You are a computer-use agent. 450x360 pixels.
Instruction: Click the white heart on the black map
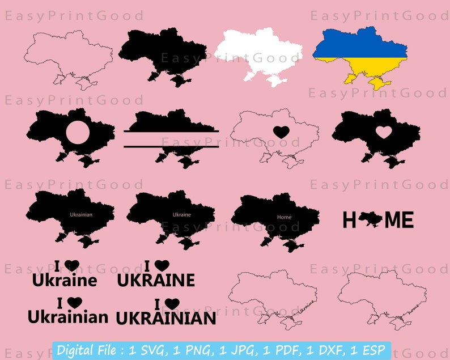click(x=384, y=132)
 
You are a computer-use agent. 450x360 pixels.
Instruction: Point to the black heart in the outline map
click(x=280, y=132)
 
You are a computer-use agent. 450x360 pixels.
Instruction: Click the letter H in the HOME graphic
click(x=350, y=221)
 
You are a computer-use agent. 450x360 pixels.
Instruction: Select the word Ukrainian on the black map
click(x=81, y=215)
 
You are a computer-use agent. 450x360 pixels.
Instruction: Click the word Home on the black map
click(x=284, y=217)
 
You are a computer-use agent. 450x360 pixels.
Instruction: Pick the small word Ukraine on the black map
click(x=181, y=215)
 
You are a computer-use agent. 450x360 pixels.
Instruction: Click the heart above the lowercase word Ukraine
click(x=72, y=265)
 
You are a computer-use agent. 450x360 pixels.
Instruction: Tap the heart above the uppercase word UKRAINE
click(x=162, y=264)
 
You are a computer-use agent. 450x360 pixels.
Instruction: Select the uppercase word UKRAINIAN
click(x=165, y=318)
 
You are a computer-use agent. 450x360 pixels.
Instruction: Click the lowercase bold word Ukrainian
click(x=67, y=317)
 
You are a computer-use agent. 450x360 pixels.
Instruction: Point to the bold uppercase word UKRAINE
click(x=156, y=280)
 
